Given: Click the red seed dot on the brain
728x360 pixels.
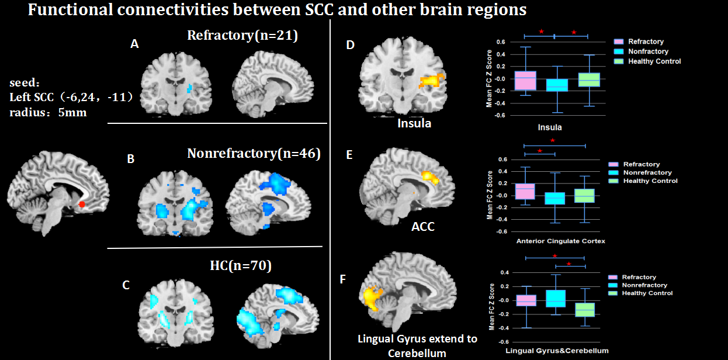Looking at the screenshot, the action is pyautogui.click(x=82, y=204).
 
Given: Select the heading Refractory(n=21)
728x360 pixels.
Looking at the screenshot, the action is pyautogui.click(x=242, y=36).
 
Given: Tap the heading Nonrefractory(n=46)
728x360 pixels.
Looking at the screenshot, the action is pyautogui.click(x=254, y=154).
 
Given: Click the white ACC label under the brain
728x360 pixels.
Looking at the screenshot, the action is pyautogui.click(x=423, y=226).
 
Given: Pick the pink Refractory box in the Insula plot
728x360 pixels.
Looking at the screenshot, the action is pyautogui.click(x=525, y=81).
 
